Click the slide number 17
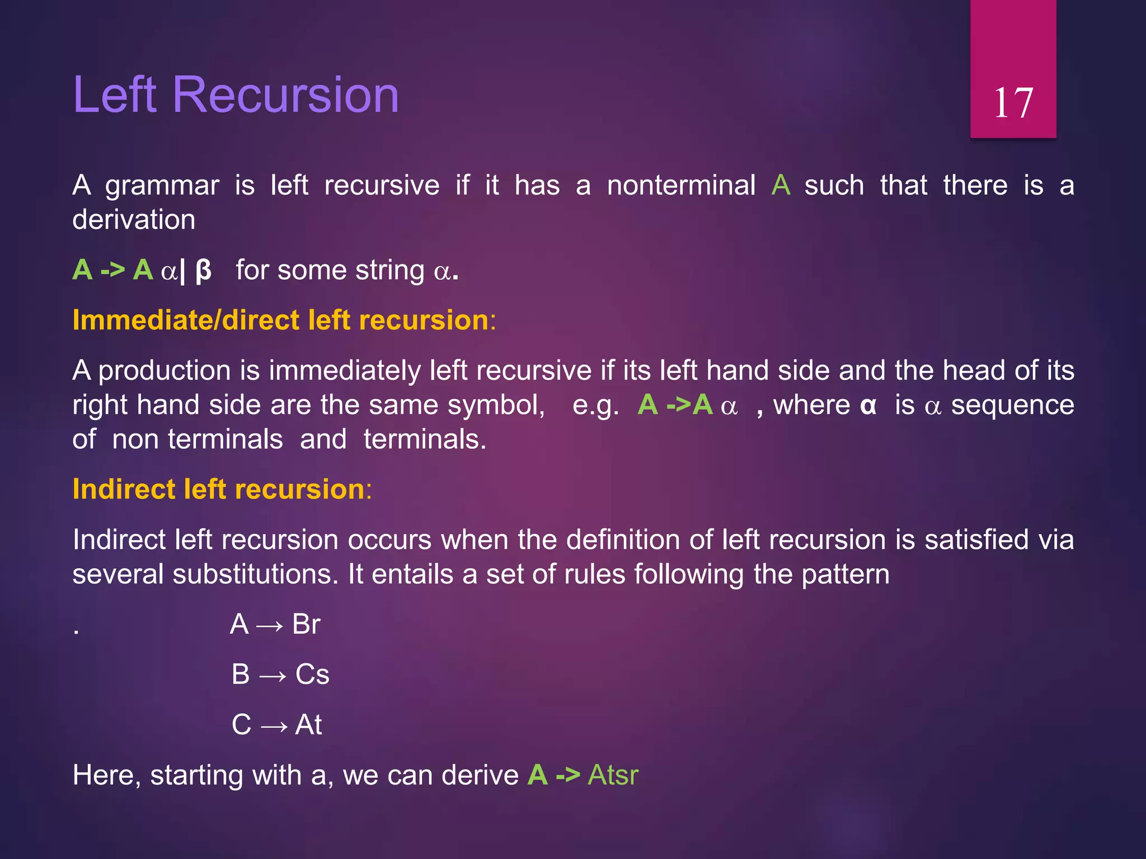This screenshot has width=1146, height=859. tap(1013, 103)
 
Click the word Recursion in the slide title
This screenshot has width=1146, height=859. tap(285, 95)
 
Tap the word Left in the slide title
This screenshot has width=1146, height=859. tap(115, 95)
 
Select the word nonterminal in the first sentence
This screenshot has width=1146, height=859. tap(681, 185)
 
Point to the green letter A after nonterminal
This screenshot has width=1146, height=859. tap(781, 185)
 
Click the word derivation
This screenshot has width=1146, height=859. tap(134, 219)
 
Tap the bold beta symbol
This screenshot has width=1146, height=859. tap(204, 270)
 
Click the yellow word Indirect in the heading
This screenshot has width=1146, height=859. tap(124, 489)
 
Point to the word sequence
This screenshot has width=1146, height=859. tap(1012, 405)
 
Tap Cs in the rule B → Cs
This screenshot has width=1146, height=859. tap(312, 674)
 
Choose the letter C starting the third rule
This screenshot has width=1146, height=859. tap(241, 725)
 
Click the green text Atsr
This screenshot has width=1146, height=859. tap(613, 775)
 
